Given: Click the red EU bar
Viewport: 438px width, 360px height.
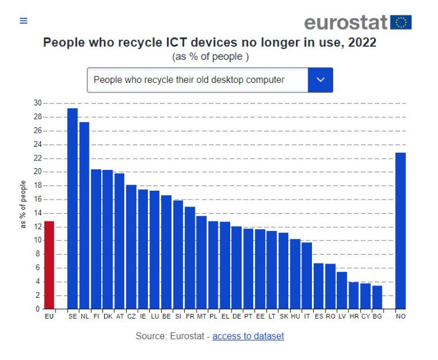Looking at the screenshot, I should [49, 265].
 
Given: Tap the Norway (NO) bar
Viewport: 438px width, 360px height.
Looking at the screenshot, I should [401, 231].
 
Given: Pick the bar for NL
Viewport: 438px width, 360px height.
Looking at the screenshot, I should [84, 216].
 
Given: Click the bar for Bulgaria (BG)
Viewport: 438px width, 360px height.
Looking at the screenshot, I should [377, 297].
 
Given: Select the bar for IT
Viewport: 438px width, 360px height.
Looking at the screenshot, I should [307, 275].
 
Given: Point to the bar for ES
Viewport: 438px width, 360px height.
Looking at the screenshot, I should [318, 286].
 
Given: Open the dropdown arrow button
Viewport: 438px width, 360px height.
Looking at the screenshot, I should [320, 80].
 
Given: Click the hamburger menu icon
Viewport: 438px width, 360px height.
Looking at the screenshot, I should [24, 21].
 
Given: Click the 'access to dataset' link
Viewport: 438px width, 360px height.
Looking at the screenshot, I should [248, 336].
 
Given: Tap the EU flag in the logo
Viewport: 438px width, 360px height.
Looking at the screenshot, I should [401, 22].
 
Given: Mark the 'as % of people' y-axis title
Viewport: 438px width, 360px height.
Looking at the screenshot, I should [24, 205].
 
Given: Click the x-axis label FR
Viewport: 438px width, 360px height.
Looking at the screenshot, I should [189, 317].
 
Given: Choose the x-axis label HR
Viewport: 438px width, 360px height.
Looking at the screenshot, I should [353, 317].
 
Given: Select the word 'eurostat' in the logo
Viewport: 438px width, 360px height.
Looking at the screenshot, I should [346, 22].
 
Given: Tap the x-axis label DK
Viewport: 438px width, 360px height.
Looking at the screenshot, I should [108, 317].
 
